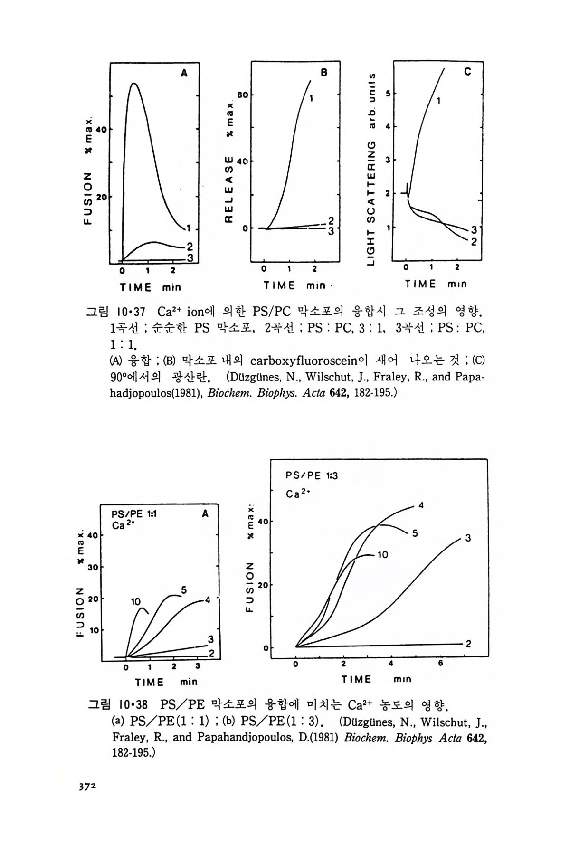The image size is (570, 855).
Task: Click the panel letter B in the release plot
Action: (x=324, y=73)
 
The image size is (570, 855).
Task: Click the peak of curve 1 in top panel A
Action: (x=134, y=83)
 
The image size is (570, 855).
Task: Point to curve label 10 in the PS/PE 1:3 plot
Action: (x=383, y=554)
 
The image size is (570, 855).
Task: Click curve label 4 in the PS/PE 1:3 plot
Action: (x=421, y=505)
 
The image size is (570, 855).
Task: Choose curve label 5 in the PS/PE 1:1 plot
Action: (x=183, y=590)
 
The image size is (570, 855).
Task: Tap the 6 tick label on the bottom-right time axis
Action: (x=440, y=664)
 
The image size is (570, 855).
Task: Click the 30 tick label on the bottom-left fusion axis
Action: (x=93, y=567)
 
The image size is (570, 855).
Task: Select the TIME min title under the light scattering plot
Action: (x=436, y=284)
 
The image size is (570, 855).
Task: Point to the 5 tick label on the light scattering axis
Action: (x=388, y=94)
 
